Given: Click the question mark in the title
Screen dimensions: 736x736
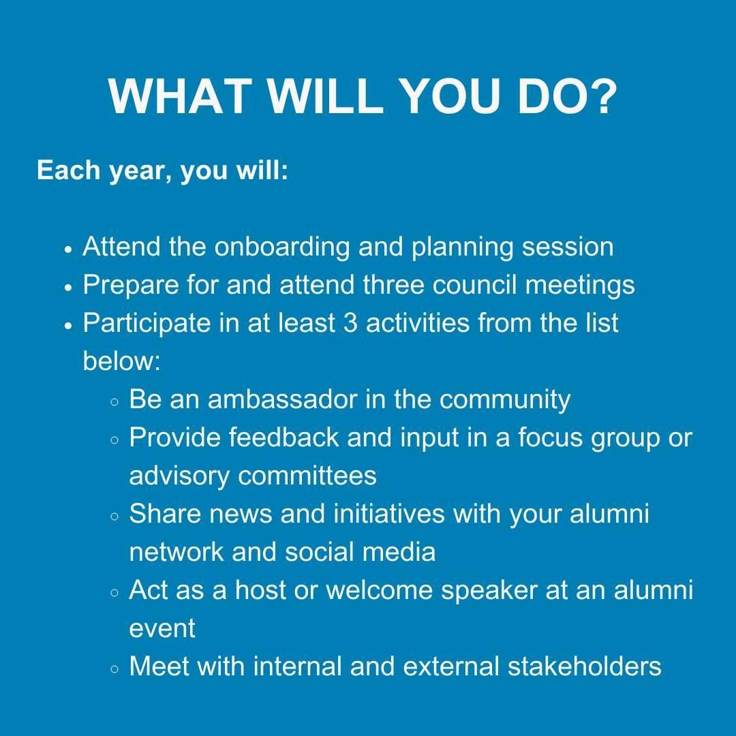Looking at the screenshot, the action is (602, 95).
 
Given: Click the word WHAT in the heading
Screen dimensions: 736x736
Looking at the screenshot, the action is (180, 96).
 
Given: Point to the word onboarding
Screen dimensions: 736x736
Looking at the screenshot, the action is (282, 247).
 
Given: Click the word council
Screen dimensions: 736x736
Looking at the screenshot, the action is (474, 284).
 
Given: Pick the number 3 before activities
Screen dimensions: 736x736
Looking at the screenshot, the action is (350, 323).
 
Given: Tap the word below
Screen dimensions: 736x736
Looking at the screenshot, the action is (121, 361).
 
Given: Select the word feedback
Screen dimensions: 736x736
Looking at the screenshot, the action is (284, 438).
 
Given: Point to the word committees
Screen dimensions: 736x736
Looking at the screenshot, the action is (307, 476).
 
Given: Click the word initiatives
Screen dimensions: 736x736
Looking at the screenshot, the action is (389, 514).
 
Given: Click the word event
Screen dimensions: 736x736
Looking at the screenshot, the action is (162, 629).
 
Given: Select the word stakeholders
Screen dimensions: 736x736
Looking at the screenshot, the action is (585, 666).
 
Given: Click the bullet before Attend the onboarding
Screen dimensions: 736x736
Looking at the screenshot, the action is (69, 249).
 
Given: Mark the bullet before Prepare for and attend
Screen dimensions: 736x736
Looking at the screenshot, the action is (69, 288).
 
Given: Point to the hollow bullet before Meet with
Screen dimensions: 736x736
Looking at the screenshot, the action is (114, 669).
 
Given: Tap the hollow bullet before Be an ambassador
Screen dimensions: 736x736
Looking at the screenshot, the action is (114, 402).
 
